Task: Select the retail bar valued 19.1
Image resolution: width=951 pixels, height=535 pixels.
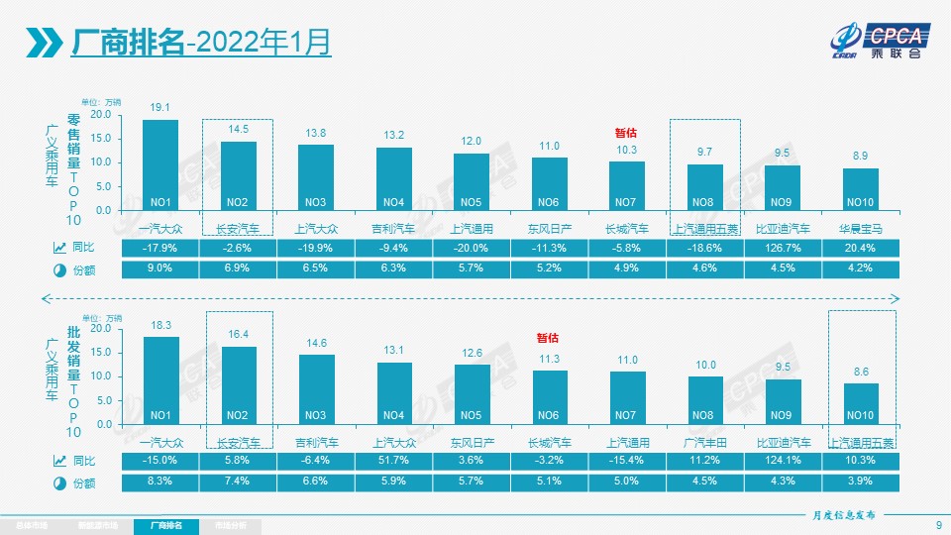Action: [x=160, y=164]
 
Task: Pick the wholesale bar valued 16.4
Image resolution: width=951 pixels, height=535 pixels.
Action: [x=239, y=384]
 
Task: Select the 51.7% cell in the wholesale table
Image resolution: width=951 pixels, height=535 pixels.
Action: [x=394, y=461]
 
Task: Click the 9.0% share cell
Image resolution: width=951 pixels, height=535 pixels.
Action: [x=160, y=269]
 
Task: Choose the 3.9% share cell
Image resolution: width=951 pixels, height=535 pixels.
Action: [x=861, y=482]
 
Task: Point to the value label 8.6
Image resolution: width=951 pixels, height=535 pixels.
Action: [x=861, y=372]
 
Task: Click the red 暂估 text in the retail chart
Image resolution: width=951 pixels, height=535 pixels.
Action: [x=626, y=132]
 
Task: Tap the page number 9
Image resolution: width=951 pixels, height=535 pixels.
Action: [x=937, y=525]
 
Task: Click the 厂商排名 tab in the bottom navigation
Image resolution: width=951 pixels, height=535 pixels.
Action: [x=166, y=525]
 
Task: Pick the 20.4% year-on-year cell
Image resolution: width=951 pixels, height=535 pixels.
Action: [x=861, y=248]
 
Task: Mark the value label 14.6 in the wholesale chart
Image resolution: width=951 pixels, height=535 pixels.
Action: [x=317, y=344]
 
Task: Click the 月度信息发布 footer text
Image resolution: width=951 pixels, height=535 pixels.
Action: [x=837, y=516]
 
